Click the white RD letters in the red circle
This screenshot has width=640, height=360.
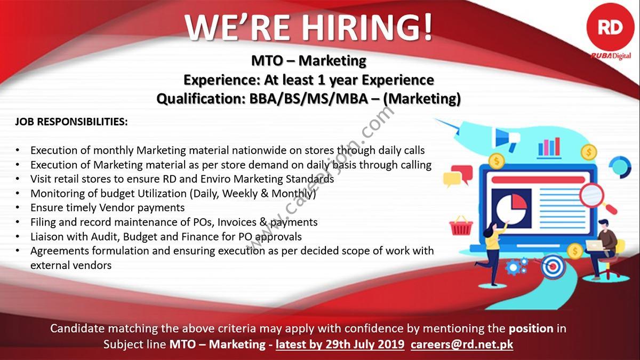point(610,28)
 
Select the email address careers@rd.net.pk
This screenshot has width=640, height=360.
point(462,344)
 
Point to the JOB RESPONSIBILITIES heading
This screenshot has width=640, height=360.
point(71,122)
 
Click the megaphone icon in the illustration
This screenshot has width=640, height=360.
point(506,139)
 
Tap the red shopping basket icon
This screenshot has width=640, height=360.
point(461,226)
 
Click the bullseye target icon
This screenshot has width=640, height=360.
point(553,267)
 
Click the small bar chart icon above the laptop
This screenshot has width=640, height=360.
point(549,147)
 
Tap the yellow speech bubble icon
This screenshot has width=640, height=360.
point(452,179)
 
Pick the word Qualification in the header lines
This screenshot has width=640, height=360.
point(202,99)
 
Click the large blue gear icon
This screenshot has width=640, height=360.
point(514,267)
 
